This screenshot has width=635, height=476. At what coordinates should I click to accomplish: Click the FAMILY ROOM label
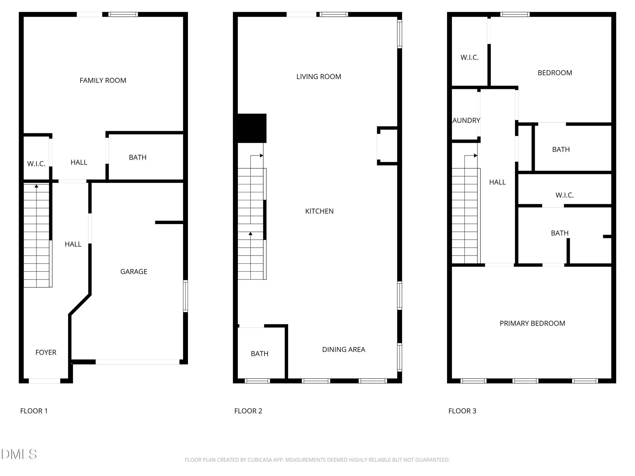pyautogui.click(x=103, y=80)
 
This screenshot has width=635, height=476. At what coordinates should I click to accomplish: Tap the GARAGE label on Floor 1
pyautogui.click(x=134, y=271)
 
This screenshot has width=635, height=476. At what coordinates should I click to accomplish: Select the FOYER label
pyautogui.click(x=46, y=352)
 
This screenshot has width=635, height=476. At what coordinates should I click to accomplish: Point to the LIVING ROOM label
pyautogui.click(x=319, y=77)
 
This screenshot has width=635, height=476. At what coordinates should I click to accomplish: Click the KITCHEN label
pyautogui.click(x=319, y=211)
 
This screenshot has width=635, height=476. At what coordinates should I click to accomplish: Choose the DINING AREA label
pyautogui.click(x=344, y=349)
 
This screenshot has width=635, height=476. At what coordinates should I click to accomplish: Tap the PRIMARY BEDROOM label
pyautogui.click(x=532, y=323)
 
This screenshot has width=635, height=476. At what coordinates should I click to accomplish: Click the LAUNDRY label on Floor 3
pyautogui.click(x=466, y=121)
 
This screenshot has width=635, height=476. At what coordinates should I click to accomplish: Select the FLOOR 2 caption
pyautogui.click(x=248, y=411)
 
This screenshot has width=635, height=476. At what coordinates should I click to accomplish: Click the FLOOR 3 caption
pyautogui.click(x=462, y=411)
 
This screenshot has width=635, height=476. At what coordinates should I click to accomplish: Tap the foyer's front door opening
pyautogui.click(x=44, y=381)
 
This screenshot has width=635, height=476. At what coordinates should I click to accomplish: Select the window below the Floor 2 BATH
pyautogui.click(x=257, y=381)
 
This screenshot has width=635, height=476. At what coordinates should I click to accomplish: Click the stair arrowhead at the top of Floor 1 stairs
pyautogui.click(x=36, y=186)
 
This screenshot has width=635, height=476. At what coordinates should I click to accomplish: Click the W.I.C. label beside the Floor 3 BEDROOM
pyautogui.click(x=469, y=57)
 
